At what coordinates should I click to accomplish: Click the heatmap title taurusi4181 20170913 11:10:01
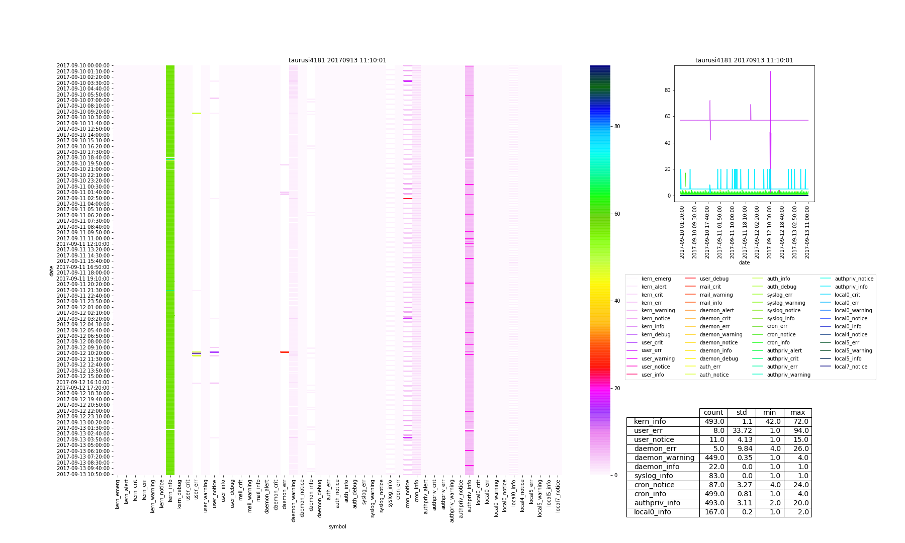click(x=337, y=60)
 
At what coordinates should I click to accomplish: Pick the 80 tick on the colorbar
click(x=617, y=126)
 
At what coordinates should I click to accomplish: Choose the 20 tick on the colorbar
click(x=617, y=388)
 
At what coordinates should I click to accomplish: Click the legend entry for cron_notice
click(x=781, y=334)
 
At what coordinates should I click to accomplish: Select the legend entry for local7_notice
click(x=851, y=367)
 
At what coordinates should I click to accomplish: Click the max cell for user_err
click(x=797, y=431)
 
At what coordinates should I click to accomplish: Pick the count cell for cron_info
click(x=713, y=494)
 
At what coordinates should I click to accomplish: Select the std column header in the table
click(x=742, y=413)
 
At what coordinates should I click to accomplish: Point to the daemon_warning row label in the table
click(x=664, y=458)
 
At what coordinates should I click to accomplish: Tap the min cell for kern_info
click(x=770, y=422)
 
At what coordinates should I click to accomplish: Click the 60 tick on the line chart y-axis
click(x=672, y=116)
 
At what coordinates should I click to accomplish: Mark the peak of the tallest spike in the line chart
click(x=770, y=71)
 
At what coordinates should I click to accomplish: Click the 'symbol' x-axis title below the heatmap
click(x=337, y=526)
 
